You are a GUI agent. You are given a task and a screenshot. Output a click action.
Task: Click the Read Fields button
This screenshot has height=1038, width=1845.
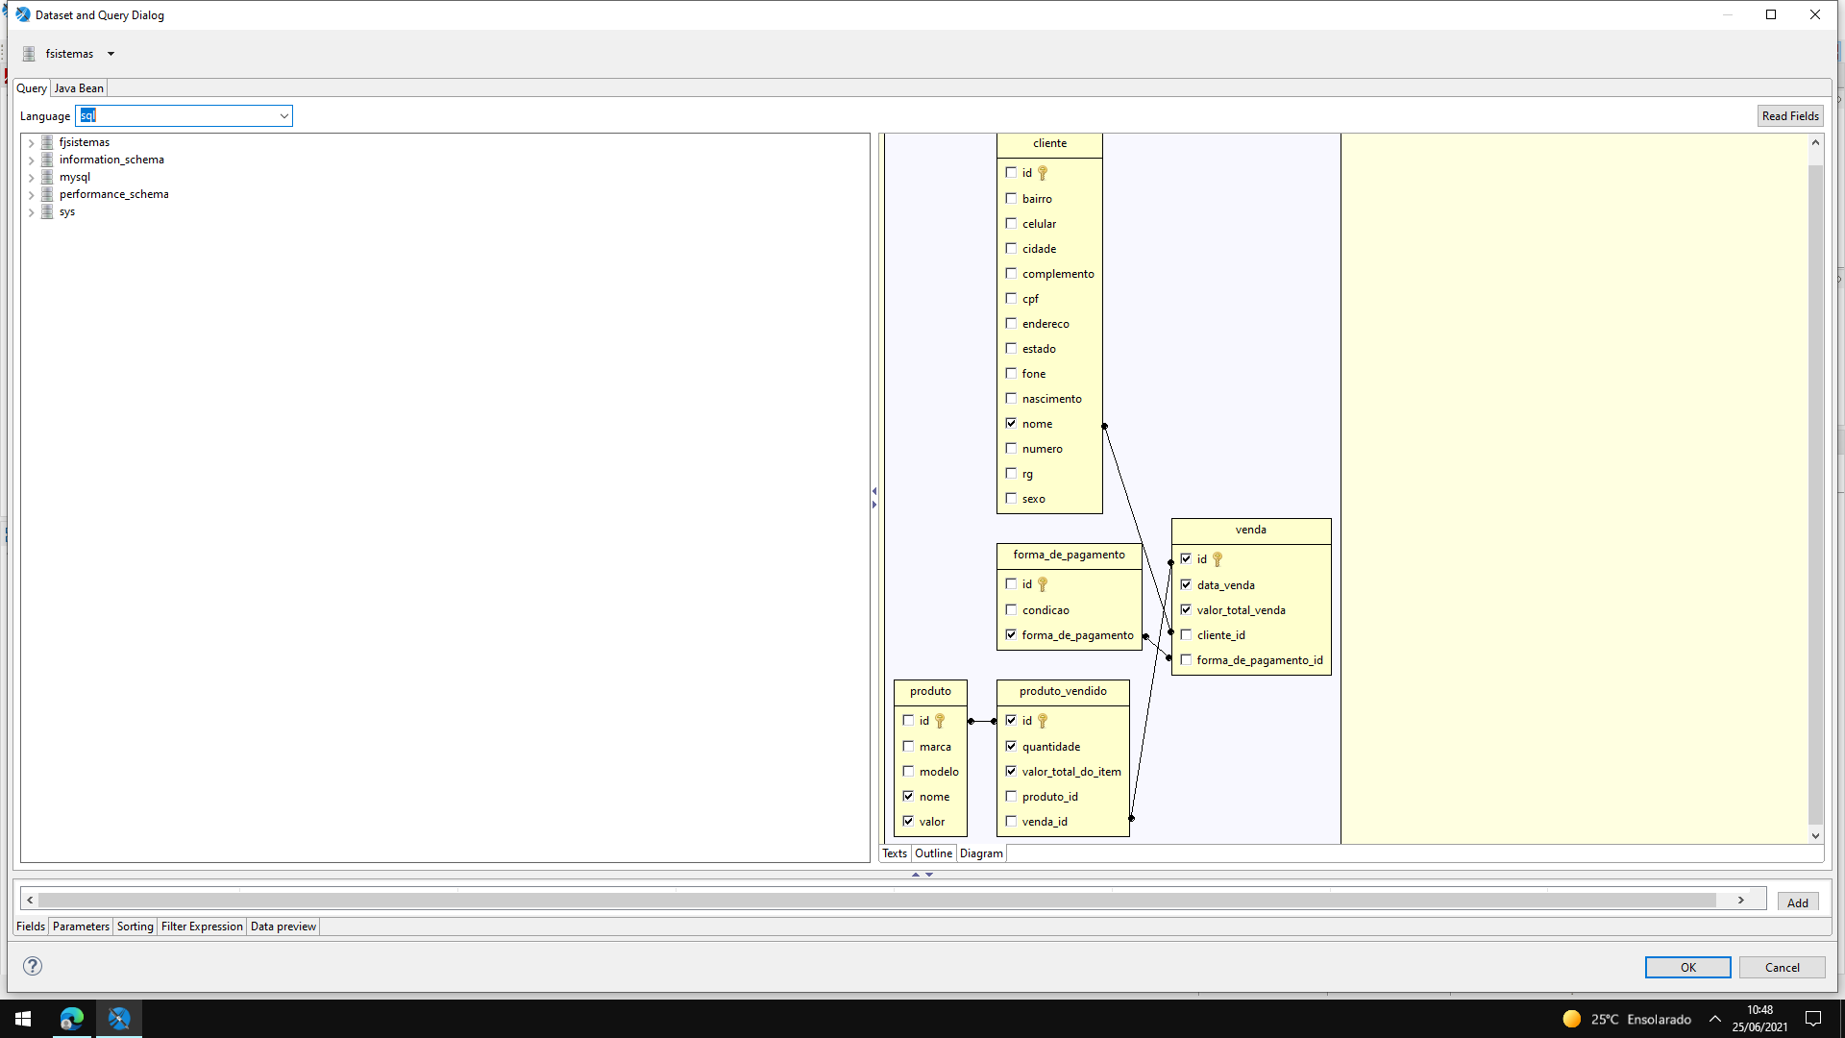pos(1790,116)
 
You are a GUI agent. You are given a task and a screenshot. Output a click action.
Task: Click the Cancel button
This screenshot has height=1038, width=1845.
pos(1782,967)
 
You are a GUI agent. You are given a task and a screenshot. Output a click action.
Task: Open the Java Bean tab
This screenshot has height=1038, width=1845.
pos(79,88)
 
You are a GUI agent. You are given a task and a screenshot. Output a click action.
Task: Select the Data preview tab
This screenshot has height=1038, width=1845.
pos(283,927)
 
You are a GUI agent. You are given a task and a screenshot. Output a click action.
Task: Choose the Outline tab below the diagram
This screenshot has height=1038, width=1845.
pos(933,853)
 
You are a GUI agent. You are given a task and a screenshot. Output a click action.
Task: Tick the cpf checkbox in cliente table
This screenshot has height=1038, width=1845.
pos(1011,299)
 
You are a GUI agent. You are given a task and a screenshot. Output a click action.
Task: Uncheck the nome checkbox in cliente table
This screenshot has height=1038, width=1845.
pos(1011,424)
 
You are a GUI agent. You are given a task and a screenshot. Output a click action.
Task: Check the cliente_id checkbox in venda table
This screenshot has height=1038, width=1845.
pos(1186,635)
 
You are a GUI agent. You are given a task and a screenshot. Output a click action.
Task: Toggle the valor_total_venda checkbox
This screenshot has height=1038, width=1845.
pos(1186,610)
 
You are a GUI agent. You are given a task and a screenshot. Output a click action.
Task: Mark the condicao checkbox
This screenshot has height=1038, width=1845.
pos(1011,610)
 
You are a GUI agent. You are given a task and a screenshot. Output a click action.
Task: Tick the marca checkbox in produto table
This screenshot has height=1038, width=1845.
pos(908,747)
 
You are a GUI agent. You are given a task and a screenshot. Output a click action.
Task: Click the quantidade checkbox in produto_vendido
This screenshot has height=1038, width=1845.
pos(1011,747)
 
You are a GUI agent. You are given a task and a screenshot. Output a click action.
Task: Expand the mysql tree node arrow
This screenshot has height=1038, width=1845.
pos(31,178)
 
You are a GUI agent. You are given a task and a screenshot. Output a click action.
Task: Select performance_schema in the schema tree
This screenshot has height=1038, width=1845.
pos(113,194)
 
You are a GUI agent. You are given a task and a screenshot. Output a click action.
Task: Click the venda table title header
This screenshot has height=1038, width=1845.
pos(1251,531)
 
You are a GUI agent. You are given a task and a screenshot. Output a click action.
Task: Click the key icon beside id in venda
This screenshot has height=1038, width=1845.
pos(1218,559)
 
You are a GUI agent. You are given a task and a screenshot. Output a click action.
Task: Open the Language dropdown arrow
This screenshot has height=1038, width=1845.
pos(284,116)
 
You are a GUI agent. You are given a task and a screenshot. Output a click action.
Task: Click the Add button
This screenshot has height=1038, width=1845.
pos(1797,902)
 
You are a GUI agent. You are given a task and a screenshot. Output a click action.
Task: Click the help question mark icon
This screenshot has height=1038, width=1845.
pos(33,966)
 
